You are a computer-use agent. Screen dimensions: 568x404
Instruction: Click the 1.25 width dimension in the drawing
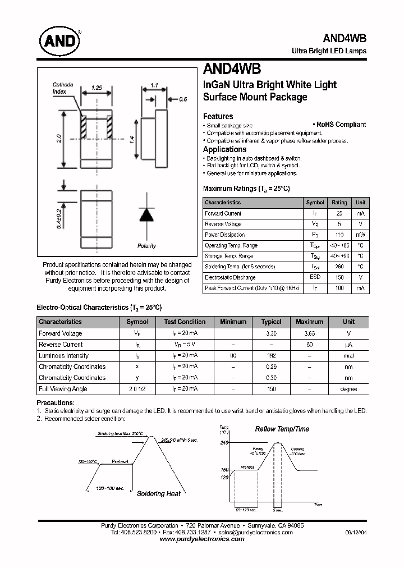[x=96, y=88]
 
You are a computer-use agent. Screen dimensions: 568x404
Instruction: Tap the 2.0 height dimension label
[x=59, y=138]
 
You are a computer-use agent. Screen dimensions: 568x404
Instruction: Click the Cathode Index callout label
[x=63, y=88]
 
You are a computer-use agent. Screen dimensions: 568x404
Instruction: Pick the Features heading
[x=218, y=116]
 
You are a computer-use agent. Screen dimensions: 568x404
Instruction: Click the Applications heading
[x=224, y=149]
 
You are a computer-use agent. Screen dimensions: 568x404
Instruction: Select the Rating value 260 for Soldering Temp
[x=339, y=267]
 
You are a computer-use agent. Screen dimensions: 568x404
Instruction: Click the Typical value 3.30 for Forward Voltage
[x=271, y=333]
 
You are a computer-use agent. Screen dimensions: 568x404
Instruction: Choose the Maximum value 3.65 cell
[x=309, y=333]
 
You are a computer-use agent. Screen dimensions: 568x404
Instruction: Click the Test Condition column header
[x=185, y=322]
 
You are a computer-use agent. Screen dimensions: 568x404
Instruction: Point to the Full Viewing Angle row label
[x=63, y=388]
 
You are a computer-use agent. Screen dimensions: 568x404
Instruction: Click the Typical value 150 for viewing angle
[x=271, y=388]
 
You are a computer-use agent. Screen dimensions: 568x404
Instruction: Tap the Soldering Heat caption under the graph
[x=159, y=494]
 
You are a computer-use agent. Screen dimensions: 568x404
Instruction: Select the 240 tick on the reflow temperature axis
[x=224, y=443]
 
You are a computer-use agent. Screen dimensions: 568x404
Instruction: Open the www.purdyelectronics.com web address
[x=202, y=539]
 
